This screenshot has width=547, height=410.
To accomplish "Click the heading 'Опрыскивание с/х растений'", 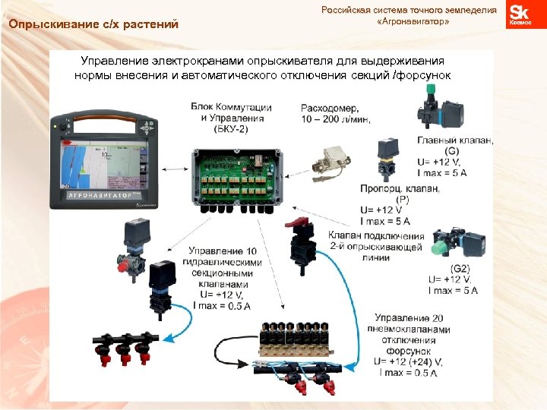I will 93,24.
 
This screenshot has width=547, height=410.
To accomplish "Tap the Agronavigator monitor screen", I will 102,160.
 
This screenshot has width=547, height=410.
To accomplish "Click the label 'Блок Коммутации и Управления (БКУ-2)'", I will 232,118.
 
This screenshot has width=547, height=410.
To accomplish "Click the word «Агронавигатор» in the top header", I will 413,22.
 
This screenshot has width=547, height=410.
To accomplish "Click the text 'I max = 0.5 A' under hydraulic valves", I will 223,305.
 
